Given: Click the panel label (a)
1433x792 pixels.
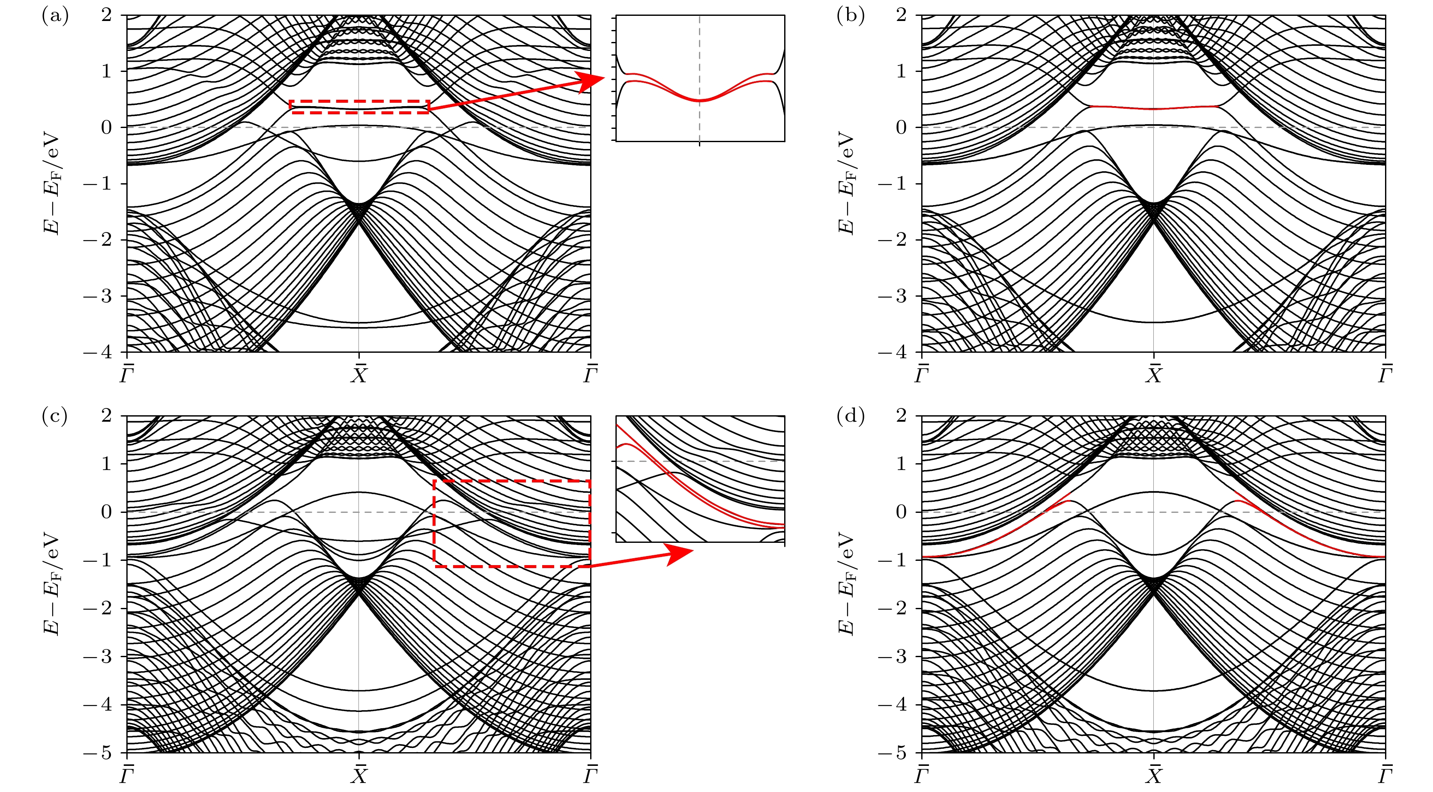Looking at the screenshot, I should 55,16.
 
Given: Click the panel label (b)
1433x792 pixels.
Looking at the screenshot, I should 850,16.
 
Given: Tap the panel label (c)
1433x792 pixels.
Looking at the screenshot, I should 54,416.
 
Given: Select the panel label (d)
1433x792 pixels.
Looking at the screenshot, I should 850,416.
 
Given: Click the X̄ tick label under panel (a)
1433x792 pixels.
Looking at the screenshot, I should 359,374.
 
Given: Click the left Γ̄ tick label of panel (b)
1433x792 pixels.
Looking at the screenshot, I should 922,374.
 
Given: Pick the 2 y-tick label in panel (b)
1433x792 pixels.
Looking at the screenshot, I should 901,15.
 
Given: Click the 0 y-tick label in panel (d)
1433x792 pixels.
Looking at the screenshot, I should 901,512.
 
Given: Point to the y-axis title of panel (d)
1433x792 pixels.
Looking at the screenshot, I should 847,584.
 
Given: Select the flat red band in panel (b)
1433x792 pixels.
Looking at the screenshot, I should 1154,107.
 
